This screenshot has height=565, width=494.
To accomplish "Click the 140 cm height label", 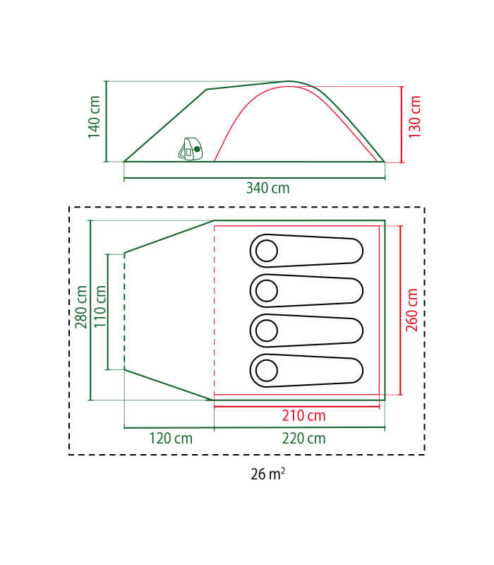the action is tap(94, 117).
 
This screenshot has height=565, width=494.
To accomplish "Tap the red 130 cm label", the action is tap(414, 117).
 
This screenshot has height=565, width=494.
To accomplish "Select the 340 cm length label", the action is tap(267, 188).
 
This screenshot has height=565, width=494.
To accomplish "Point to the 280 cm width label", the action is tap(81, 307).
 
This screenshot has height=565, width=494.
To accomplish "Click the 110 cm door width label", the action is tap(100, 307).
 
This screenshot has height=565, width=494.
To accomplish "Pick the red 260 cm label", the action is tap(412, 310).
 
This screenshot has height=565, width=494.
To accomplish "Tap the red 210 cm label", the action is tap(303, 416).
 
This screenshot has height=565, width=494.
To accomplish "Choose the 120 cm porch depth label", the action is tap(171, 439).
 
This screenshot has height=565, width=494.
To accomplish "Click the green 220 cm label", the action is tap(303, 439).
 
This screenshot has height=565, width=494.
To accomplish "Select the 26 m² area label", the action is tap(268, 474).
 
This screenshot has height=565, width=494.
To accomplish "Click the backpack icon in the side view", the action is tap(191, 149).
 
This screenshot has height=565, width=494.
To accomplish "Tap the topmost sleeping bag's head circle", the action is tap(267, 251).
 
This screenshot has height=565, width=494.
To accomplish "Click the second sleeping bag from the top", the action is tap(306, 291).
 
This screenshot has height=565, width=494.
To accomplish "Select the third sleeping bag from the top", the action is tap(306, 331).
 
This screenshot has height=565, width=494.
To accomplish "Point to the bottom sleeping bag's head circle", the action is tap(267, 370).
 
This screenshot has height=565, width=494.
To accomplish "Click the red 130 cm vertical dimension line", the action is tap(402, 125).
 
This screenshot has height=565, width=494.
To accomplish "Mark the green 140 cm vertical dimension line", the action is tap(107, 121).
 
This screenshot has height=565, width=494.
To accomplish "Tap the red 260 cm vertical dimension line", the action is tap(401, 311).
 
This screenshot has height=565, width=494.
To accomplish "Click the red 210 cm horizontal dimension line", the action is tap(296, 407).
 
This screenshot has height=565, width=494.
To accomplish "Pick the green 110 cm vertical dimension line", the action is tap(108, 312).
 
